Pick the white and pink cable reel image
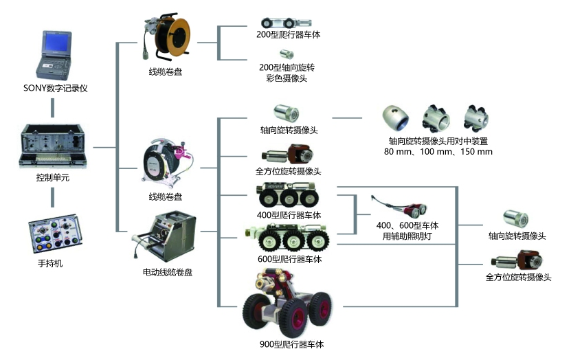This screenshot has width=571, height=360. (167, 164)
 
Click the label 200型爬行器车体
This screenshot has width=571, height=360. (284, 33)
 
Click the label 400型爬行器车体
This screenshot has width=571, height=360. (289, 215)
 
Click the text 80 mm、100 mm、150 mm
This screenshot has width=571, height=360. (438, 151)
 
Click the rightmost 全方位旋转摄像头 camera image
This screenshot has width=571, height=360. (516, 261)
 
